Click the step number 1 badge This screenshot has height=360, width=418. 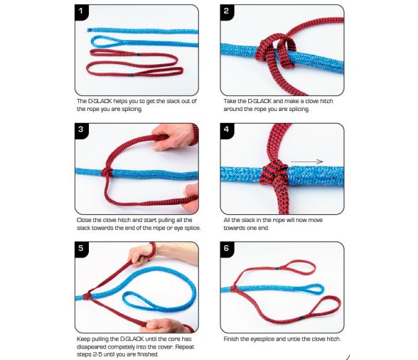81,12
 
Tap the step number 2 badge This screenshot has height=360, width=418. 227,12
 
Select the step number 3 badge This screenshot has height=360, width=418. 81,130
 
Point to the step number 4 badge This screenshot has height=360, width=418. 227,130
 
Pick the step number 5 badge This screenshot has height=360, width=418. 81,249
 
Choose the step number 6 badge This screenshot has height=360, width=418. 227,249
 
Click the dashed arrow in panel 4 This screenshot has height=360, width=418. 307,162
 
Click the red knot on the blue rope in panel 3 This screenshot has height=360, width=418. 107,173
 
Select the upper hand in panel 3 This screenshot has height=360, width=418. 173,137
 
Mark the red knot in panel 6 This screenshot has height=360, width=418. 234,288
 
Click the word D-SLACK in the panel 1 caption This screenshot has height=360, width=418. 100,101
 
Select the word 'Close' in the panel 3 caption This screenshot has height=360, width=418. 83,220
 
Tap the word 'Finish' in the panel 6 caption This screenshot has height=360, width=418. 231,339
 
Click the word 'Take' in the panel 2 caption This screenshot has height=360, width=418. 229,101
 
